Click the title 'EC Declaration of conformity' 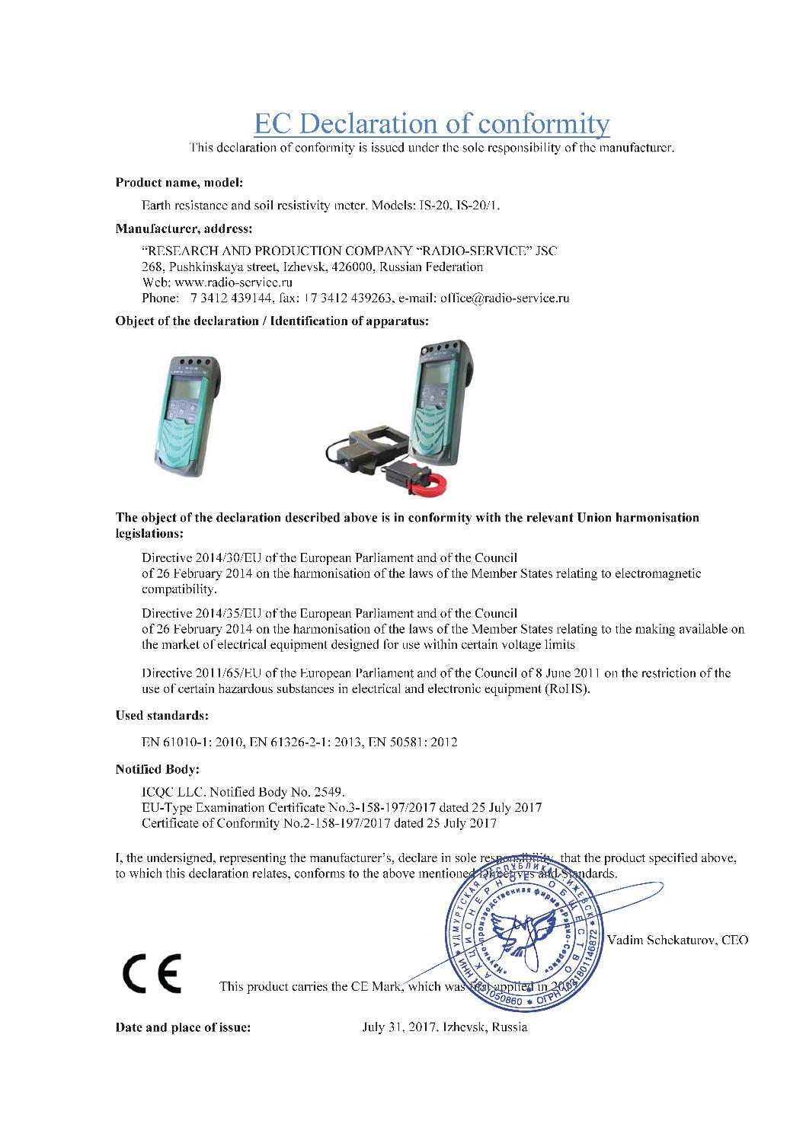pos(432,123)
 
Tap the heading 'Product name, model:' pos(179,182)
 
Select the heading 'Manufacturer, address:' pos(183,228)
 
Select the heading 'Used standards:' pos(162,716)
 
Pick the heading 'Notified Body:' pos(157,769)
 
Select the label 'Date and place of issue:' pos(183,1027)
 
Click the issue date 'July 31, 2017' pos(396,1027)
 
